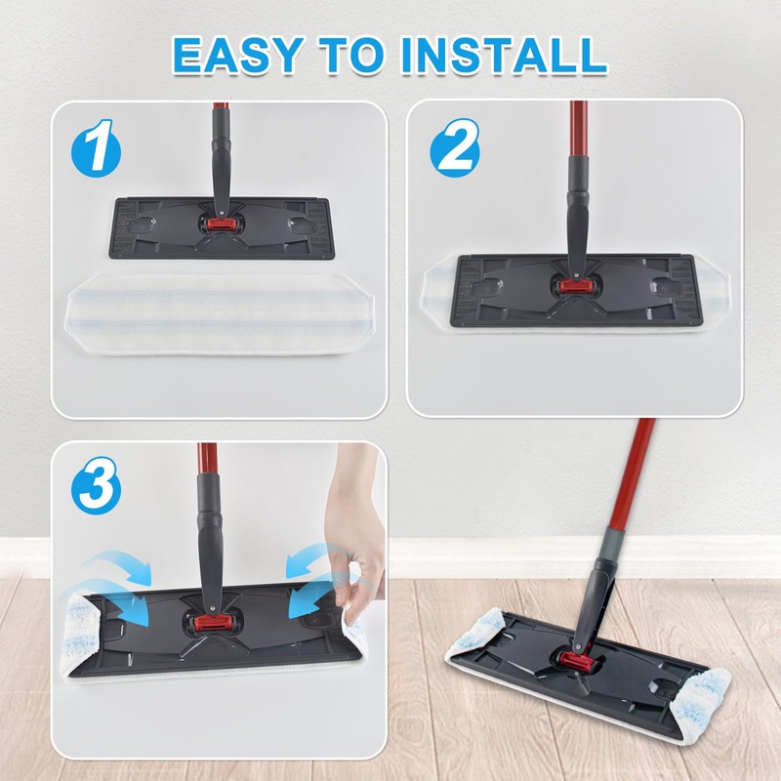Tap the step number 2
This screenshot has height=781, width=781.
456,149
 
